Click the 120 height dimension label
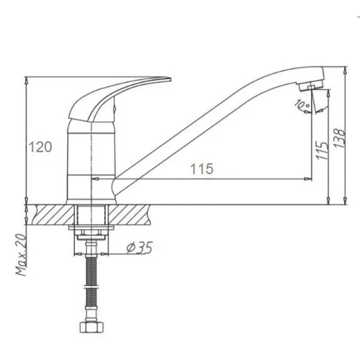click(40, 147)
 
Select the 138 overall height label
click(339, 138)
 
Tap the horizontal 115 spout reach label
click(202, 168)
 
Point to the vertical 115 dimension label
click(322, 150)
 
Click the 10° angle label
click(303, 104)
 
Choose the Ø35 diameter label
click(140, 248)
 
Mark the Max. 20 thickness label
click(21, 255)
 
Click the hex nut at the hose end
click(91, 328)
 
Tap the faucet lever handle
click(106, 96)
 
